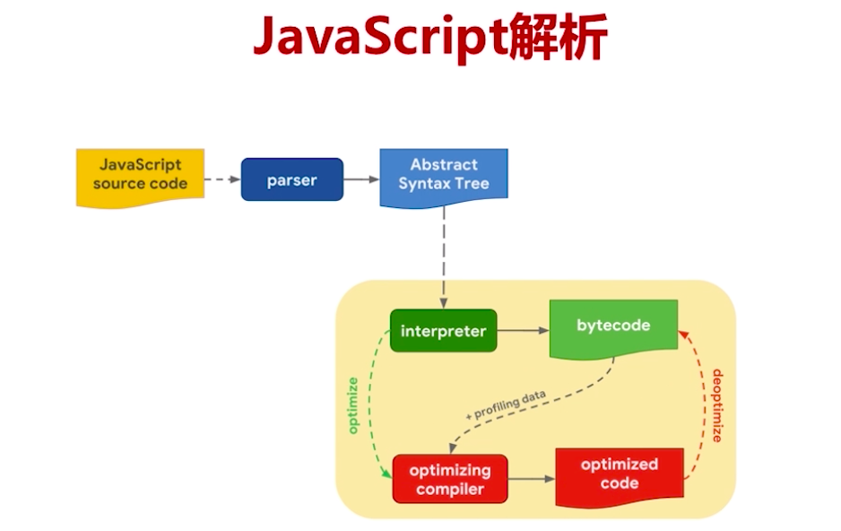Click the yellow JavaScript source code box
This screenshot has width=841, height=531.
click(x=140, y=175)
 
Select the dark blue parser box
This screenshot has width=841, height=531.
click(x=291, y=179)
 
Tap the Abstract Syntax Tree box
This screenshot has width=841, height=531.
click(x=444, y=175)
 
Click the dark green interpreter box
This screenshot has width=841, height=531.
click(x=443, y=331)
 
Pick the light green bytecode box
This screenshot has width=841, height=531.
click(x=613, y=327)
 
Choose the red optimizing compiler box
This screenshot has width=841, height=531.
click(x=450, y=479)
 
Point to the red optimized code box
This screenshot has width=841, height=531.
click(x=619, y=474)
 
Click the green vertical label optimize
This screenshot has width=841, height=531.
click(x=353, y=405)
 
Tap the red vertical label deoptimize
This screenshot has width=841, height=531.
click(x=716, y=405)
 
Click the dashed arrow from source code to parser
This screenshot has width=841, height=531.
click(x=221, y=179)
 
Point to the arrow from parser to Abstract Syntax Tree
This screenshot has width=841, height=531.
click(x=361, y=179)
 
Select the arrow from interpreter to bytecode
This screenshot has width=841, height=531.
click(x=522, y=331)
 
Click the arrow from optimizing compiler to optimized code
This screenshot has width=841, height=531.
click(x=532, y=479)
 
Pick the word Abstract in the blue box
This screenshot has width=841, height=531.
click(x=444, y=165)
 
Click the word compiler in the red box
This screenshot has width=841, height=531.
click(x=450, y=489)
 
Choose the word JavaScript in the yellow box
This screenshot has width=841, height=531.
click(x=140, y=165)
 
